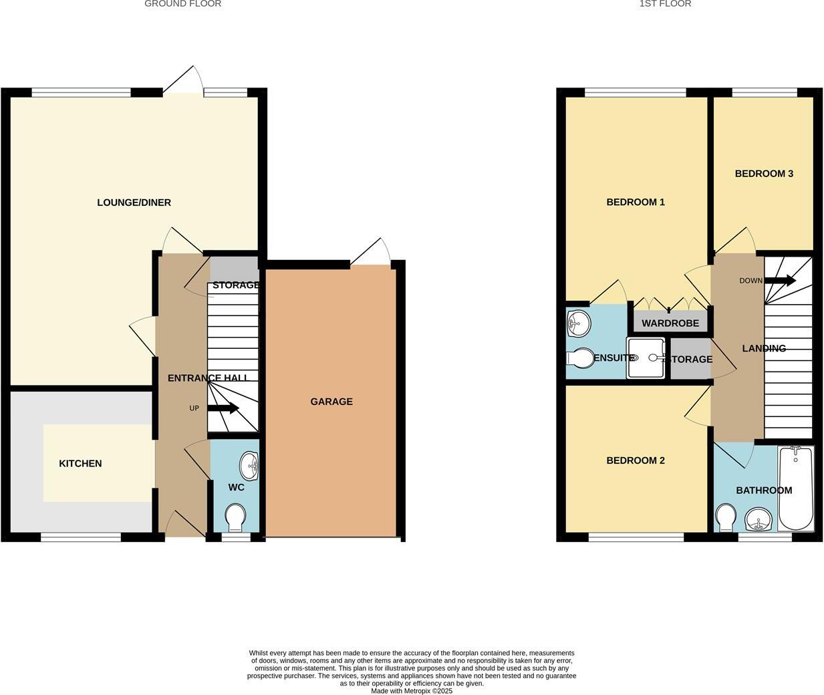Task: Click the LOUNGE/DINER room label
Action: tap(134, 202)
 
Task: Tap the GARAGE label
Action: tap(331, 402)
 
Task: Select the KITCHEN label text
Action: tap(80, 464)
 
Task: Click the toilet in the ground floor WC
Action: tap(235, 517)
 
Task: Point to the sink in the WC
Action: tap(251, 465)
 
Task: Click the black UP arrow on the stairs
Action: tap(223, 408)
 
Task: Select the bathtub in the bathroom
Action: tap(795, 489)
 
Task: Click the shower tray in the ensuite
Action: tap(646, 358)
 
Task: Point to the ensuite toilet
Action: tap(579, 359)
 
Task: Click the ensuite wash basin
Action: tap(577, 324)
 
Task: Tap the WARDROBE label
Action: tap(670, 323)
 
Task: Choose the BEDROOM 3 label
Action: tap(764, 174)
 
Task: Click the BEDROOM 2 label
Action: tap(636, 460)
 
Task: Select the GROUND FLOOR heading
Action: tap(182, 4)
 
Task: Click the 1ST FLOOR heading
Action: tap(665, 4)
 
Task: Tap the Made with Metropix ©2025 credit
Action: tap(412, 691)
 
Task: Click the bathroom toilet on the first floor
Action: tap(726, 518)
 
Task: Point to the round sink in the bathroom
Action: tap(758, 519)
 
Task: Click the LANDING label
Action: tap(764, 348)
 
